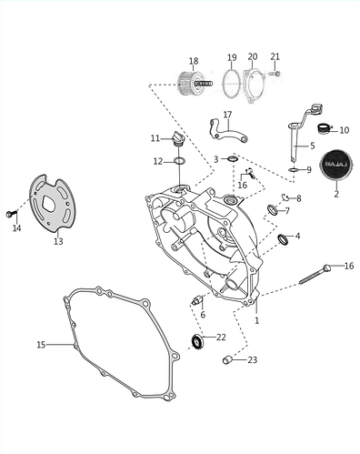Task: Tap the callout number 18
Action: (x=193, y=62)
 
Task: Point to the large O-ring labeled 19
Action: (x=232, y=86)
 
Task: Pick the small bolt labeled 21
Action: (x=276, y=72)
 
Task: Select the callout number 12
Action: (x=157, y=161)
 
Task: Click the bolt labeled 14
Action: (x=11, y=214)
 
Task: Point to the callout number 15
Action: (x=40, y=345)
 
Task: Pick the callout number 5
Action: (x=312, y=146)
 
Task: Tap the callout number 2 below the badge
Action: (x=335, y=194)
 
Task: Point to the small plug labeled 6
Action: (x=196, y=299)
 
